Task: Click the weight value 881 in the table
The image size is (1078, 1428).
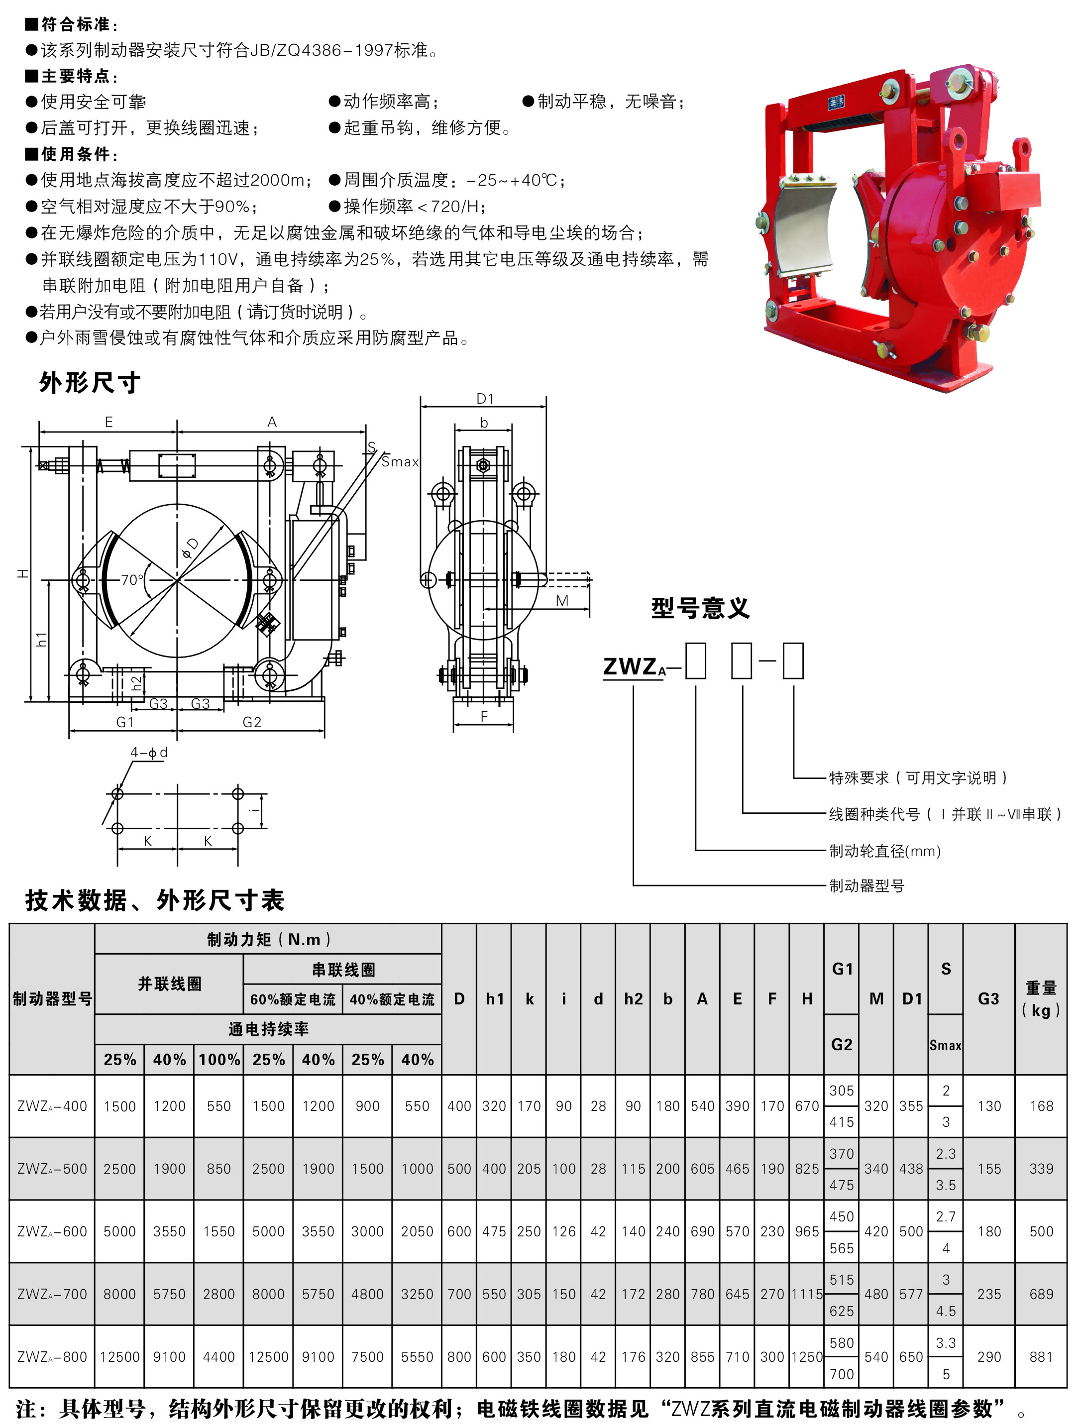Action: (1041, 1356)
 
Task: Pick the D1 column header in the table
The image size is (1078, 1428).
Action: (911, 998)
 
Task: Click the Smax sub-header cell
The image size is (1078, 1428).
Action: (945, 1045)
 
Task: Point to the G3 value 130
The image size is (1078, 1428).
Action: (988, 1106)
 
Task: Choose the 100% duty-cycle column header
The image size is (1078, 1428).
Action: (219, 1059)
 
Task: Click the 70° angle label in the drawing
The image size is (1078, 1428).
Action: (132, 580)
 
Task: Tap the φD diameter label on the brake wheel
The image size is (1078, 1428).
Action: (191, 548)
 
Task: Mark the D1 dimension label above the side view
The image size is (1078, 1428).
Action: (485, 399)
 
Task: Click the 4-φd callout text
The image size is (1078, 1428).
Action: (148, 752)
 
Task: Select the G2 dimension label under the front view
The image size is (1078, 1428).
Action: (252, 722)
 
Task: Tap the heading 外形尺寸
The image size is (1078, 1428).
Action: (90, 382)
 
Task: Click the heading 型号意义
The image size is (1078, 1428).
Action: (700, 608)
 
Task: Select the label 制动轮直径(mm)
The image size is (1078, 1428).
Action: (885, 851)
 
